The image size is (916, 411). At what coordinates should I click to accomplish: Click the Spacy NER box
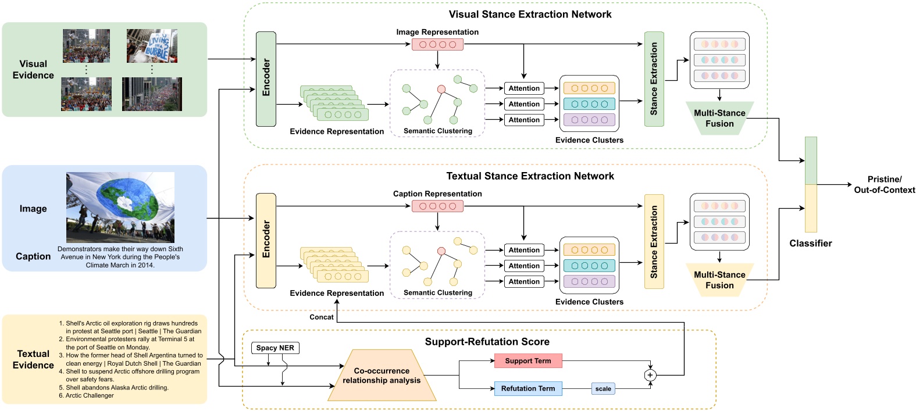275,348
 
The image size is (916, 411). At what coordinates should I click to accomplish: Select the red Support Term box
528,361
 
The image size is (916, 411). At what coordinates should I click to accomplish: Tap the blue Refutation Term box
528,388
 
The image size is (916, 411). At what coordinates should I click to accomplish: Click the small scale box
603,388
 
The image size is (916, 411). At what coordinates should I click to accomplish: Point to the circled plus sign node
650,375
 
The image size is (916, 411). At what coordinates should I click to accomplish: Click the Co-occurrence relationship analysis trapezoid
382,376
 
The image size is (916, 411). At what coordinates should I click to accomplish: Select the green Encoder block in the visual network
266,79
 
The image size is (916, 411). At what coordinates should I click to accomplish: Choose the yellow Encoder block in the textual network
266,240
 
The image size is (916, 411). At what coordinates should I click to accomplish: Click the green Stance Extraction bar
654,79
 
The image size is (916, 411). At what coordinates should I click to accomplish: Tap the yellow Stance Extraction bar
654,241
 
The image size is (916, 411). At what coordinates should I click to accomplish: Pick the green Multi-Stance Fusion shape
719,119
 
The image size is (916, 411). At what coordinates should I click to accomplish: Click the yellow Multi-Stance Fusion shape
719,280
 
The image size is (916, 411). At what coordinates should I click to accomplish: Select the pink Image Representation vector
437,44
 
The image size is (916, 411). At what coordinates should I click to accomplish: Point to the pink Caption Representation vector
437,206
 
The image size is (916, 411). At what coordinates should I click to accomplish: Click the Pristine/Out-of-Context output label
884,185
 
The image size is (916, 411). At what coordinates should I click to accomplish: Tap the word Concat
322,317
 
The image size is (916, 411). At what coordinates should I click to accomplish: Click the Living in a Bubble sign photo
152,46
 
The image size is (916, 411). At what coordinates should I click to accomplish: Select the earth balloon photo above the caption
120,208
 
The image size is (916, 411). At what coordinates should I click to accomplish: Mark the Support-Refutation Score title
487,342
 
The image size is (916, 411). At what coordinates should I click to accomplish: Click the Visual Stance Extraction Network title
530,15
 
